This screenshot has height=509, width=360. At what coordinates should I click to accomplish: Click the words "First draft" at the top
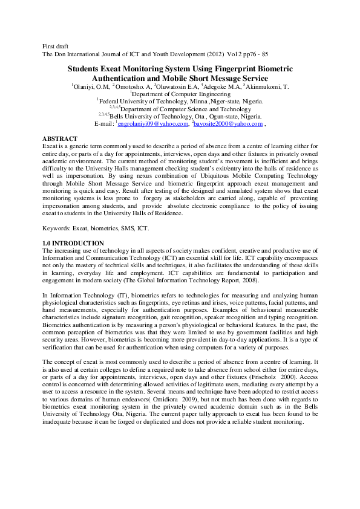[56, 47]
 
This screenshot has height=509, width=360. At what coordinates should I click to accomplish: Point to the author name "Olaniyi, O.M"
[91, 87]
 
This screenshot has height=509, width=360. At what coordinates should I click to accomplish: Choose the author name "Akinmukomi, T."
[268, 87]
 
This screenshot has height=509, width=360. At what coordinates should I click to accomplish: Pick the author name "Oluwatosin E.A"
[177, 87]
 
